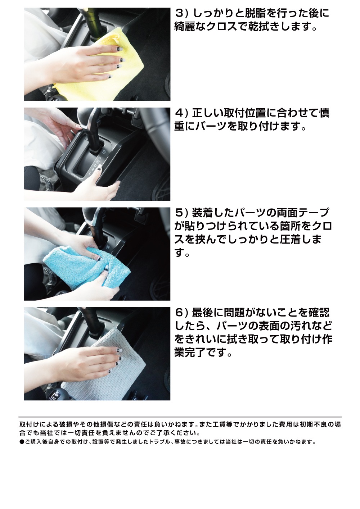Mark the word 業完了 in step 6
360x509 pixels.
tap(194, 353)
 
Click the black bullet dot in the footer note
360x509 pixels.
tap(22, 442)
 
